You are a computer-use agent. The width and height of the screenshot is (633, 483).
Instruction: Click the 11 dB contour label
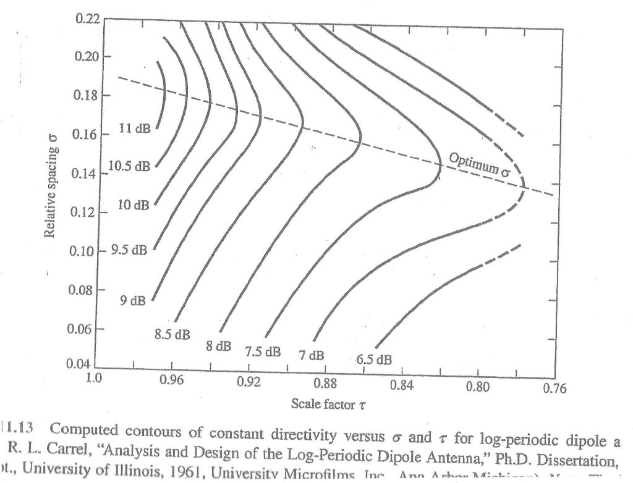(133, 128)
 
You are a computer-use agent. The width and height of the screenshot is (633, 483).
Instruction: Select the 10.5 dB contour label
(129, 166)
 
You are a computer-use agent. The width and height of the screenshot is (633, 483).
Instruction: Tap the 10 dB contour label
(133, 204)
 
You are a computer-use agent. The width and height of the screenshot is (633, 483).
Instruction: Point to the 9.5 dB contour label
(130, 250)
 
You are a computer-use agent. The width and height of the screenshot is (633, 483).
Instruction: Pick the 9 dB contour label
(133, 301)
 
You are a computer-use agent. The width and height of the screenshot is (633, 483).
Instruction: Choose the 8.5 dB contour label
(172, 335)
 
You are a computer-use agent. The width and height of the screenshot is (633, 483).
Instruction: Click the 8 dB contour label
(219, 347)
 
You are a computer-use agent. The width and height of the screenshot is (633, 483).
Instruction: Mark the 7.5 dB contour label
(263, 352)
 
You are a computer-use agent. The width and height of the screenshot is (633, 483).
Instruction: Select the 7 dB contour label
(311, 356)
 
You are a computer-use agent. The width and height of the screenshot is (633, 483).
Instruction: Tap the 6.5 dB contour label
(374, 359)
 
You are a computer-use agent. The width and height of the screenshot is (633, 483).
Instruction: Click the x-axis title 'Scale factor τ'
(323, 404)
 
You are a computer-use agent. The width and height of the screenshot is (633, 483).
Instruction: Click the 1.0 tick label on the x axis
(95, 378)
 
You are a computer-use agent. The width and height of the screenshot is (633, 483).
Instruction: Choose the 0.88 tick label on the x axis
(324, 383)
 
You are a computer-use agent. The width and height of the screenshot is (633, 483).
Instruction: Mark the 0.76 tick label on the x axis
(554, 388)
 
